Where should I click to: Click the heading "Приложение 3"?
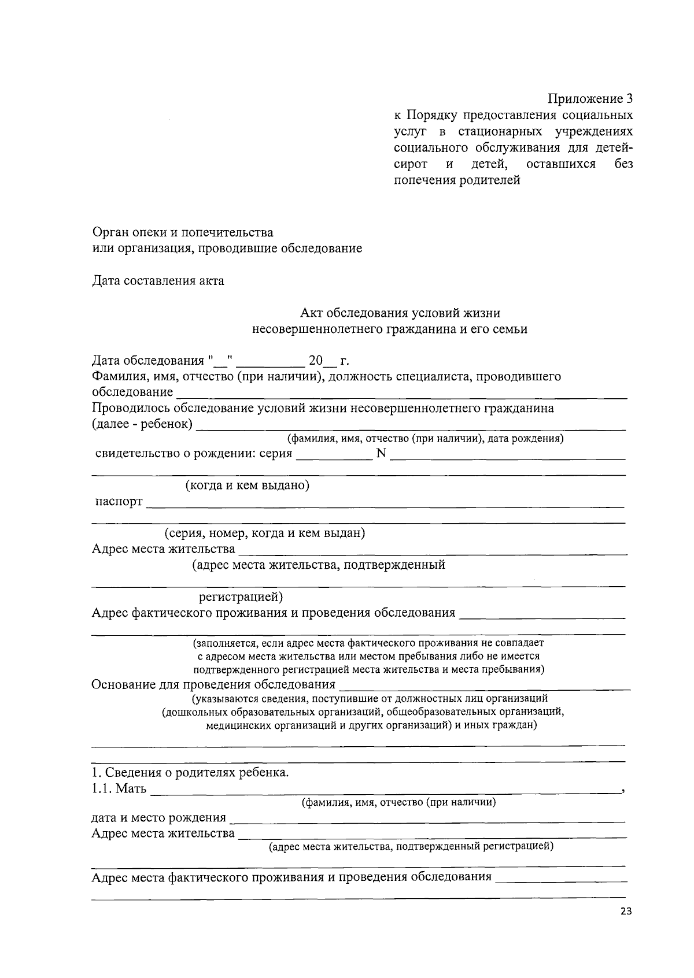tap(590, 99)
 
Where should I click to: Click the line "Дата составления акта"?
tap(158, 281)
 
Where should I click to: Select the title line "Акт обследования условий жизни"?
tap(400, 313)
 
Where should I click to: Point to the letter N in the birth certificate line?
tap(381, 453)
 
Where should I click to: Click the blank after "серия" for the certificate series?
tap(334, 454)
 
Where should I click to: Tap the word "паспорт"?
tap(119, 501)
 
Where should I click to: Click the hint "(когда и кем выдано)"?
tap(247, 485)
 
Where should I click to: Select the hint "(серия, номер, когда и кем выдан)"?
tap(264, 533)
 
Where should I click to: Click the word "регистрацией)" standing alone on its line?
tap(241, 597)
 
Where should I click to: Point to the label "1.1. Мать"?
tap(119, 788)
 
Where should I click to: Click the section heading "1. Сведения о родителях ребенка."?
tap(190, 772)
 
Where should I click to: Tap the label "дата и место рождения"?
tap(158, 817)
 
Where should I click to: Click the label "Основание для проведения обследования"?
tap(213, 685)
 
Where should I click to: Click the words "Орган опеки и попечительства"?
tap(183, 232)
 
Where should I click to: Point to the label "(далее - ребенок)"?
tap(142, 424)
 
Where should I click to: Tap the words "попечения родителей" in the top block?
tap(457, 180)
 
